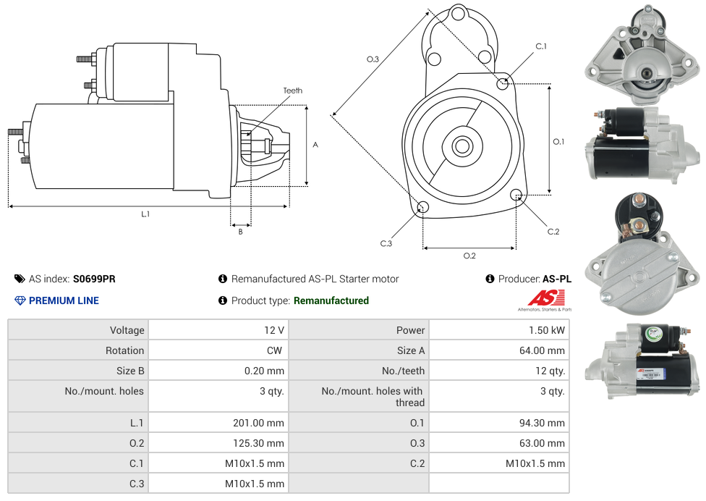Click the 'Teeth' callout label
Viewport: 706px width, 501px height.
[x=292, y=90]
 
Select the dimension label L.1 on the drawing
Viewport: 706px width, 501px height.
[x=145, y=214]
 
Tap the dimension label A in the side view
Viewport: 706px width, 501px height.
[x=315, y=145]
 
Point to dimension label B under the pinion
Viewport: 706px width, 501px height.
[x=240, y=232]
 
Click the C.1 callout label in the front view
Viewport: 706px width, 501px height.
[x=541, y=46]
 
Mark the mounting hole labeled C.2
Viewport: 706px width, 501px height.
[x=516, y=195]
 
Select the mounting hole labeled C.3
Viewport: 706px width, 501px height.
[x=423, y=209]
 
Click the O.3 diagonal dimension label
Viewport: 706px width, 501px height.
[x=373, y=59]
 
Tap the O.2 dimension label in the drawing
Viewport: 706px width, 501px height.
[x=469, y=256]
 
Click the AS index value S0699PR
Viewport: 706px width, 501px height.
[x=94, y=279]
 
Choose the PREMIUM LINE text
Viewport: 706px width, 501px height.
[x=64, y=300]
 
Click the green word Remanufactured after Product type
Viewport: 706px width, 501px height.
[x=331, y=300]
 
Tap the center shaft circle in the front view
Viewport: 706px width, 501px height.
[x=462, y=146]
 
